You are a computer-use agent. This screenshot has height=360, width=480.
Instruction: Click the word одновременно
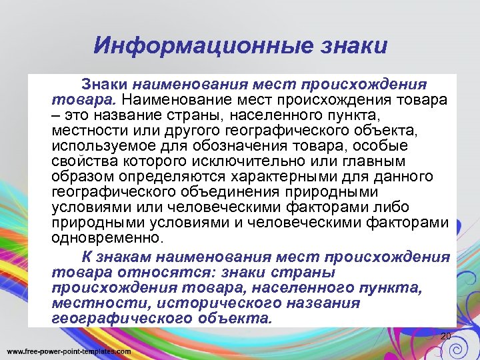(106, 238)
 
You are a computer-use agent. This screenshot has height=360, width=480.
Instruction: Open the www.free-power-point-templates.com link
(69, 351)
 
